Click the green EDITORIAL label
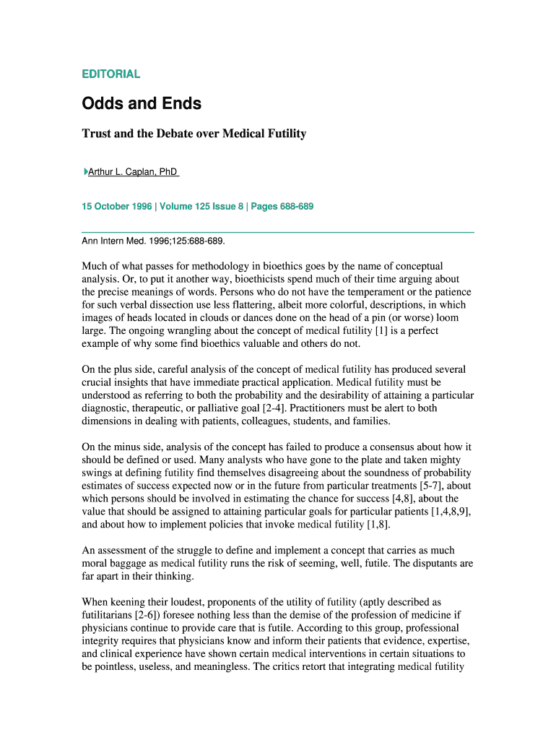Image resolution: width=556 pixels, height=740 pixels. pos(111,74)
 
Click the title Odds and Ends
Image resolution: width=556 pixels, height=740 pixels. pos(142,104)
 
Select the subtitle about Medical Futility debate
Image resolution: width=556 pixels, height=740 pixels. pos(194,134)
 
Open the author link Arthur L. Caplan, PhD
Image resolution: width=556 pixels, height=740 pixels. pos(133,172)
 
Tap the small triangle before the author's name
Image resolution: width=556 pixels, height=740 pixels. pos(84,172)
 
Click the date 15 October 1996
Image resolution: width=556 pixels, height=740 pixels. pos(116,207)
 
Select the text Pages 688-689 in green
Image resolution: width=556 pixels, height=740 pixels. pos(282,207)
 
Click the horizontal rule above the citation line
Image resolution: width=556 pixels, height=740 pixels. pos(277,232)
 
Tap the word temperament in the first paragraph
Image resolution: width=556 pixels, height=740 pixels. pos(354,292)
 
